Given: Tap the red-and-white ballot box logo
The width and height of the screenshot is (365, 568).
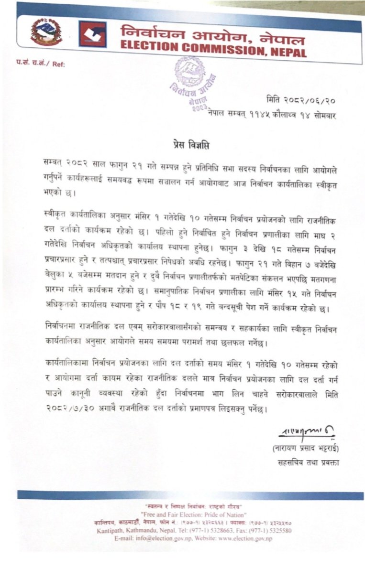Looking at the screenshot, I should (93, 35).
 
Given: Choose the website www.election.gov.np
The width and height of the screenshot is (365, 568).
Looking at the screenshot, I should (245, 538).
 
